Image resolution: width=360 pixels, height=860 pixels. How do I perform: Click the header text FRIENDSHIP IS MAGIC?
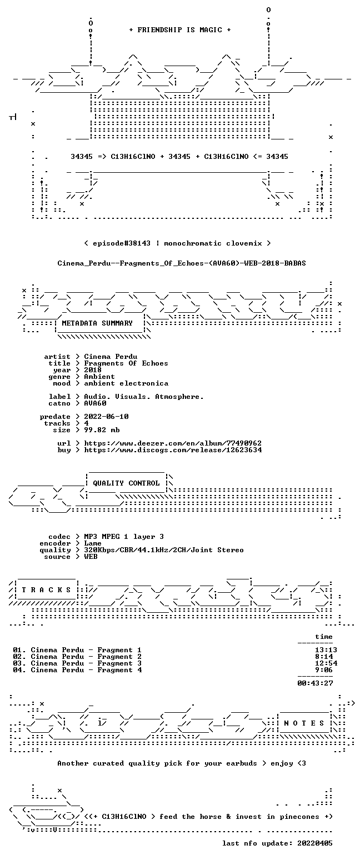(x=180, y=30)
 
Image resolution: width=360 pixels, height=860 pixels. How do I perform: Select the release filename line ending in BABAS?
(x=182, y=263)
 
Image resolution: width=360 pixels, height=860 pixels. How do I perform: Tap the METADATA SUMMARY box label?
(x=97, y=323)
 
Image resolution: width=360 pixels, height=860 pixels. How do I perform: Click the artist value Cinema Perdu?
(x=111, y=357)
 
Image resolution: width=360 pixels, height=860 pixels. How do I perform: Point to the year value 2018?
(x=93, y=370)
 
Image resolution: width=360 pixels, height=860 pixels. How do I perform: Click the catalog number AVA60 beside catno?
(x=95, y=403)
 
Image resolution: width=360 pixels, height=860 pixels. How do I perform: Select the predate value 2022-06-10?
(x=106, y=417)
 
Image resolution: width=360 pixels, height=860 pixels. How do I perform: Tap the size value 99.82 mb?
(x=102, y=430)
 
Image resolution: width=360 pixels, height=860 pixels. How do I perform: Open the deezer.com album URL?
(x=173, y=443)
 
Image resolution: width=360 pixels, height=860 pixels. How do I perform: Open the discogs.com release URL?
(x=173, y=450)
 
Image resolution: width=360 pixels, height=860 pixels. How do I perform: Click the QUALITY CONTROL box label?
(x=126, y=483)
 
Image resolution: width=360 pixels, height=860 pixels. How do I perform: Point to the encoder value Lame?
(x=93, y=543)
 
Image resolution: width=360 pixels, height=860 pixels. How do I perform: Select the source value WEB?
(x=91, y=557)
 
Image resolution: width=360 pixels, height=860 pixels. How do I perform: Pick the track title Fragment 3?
(x=119, y=663)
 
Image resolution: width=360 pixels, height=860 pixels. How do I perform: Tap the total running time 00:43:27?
(x=315, y=683)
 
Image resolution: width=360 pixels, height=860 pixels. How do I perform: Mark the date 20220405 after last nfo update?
(x=314, y=843)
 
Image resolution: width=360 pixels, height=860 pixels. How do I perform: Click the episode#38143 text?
(x=122, y=243)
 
